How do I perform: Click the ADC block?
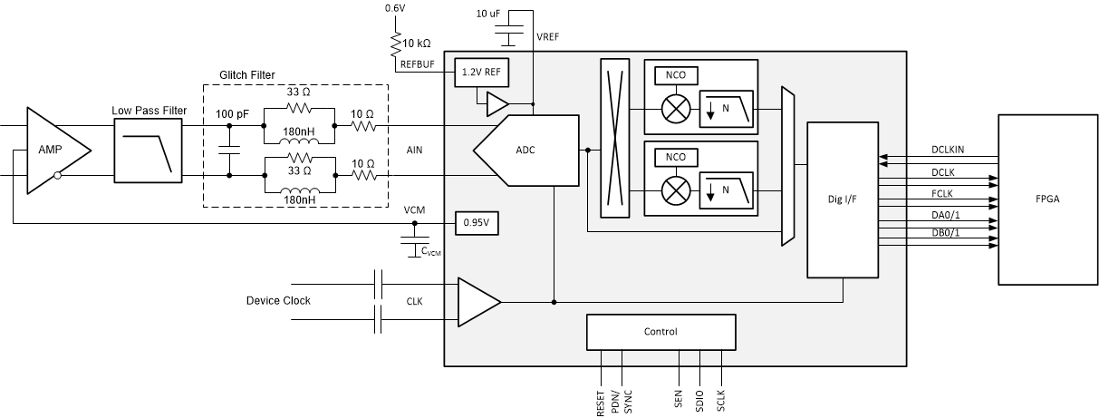525,150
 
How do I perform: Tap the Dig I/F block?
843,199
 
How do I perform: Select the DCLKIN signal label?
948,150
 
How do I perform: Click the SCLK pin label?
721,400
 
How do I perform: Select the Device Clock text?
278,300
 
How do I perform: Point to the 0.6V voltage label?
395,8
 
